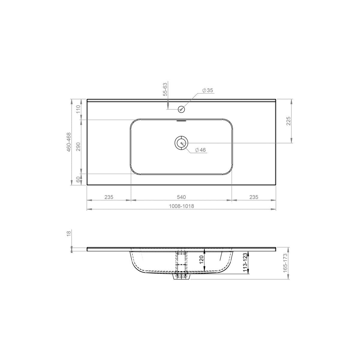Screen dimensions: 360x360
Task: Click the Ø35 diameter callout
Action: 207,90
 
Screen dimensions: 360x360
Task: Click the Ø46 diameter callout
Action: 200,150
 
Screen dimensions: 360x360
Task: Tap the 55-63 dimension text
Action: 165,89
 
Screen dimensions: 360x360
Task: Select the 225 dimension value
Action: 289,121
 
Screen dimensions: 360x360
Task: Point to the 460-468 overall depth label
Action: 69,142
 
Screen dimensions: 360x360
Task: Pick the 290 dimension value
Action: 78,147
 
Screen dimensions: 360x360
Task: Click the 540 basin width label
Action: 181,197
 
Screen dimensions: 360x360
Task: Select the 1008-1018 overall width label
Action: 181,206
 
